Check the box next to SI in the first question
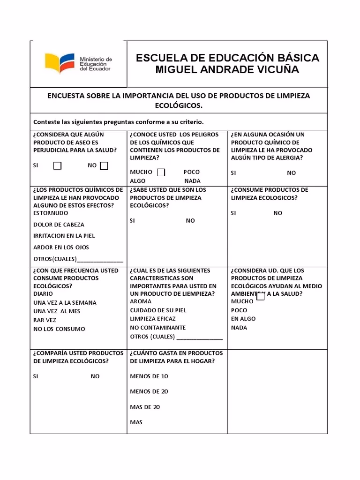57,165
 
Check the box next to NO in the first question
104,165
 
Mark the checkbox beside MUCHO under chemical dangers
161,172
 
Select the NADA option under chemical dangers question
192,181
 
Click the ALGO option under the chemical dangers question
138,181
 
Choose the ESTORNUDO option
51,213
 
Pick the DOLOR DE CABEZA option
59,225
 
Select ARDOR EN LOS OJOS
61,247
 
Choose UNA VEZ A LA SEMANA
65,303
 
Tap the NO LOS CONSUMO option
59,329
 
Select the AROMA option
141,301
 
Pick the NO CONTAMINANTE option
157,328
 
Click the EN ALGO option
243,319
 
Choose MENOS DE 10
149,376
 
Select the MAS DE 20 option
145,407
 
